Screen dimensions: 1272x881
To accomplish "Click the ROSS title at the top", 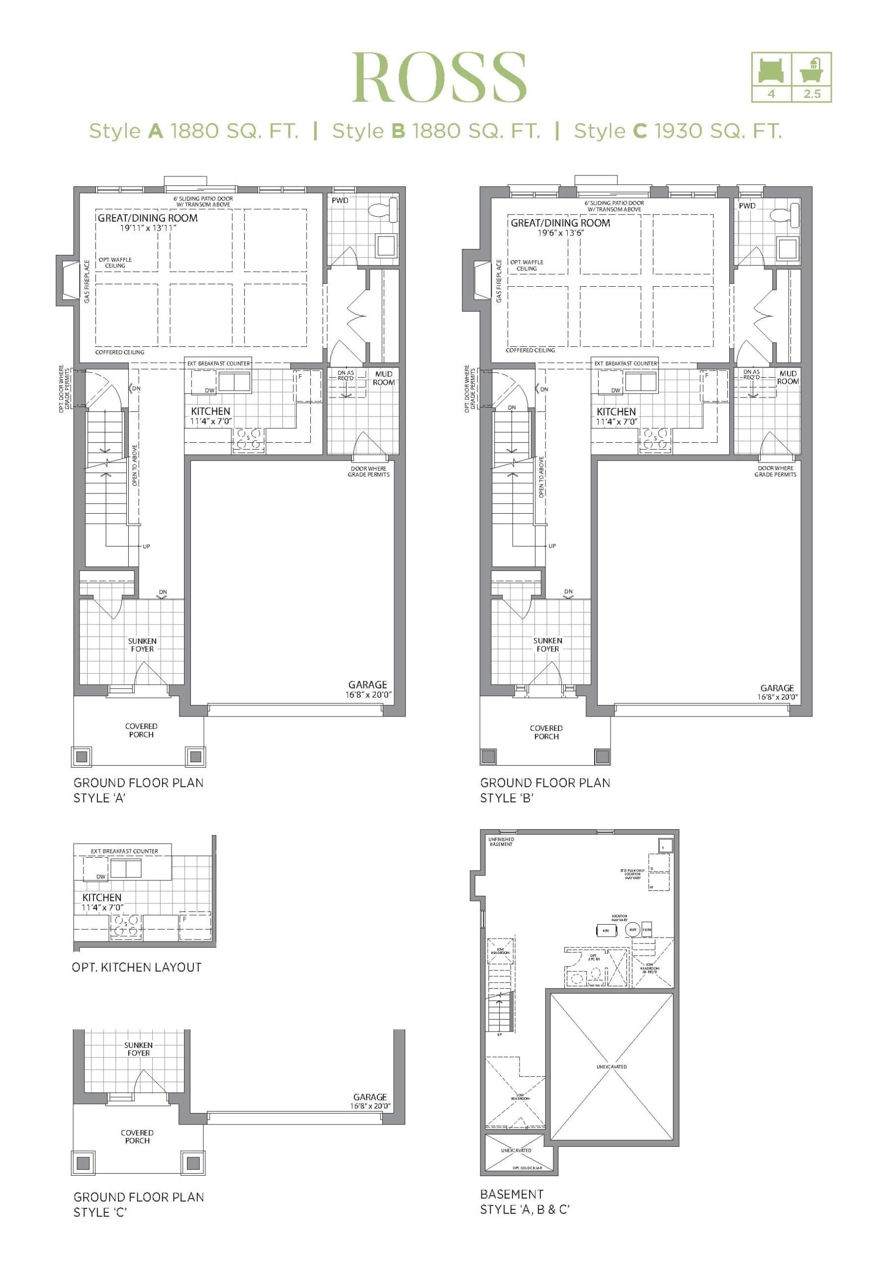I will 440,77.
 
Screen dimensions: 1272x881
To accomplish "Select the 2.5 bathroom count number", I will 811,94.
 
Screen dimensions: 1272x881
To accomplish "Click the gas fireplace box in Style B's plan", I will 481,280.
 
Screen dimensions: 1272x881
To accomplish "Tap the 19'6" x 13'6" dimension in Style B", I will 561,233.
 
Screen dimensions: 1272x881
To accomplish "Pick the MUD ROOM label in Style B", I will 788,377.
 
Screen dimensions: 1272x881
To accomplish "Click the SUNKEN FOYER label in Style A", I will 142,645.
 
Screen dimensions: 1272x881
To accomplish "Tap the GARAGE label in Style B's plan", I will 777,688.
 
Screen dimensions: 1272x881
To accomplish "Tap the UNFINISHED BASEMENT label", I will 501,842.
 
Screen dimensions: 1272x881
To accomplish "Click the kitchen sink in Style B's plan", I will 641,381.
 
